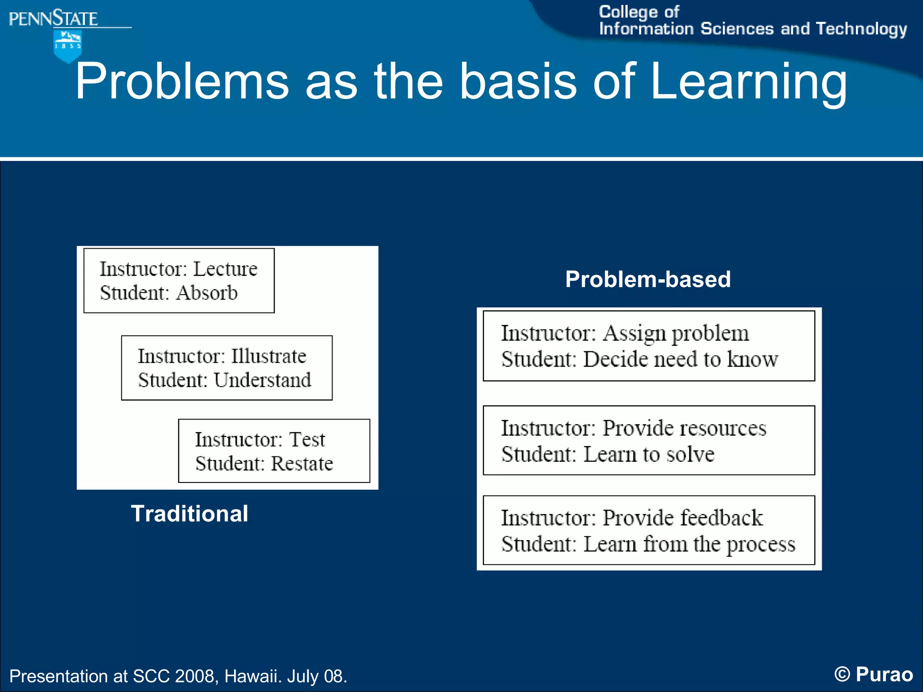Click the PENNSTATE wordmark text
click(x=53, y=19)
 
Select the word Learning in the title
click(x=749, y=82)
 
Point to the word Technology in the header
click(x=861, y=29)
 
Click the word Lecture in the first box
click(x=225, y=269)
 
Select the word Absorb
click(x=207, y=293)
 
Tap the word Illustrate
click(x=269, y=356)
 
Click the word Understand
click(x=262, y=380)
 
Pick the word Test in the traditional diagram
click(x=307, y=440)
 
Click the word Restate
click(x=302, y=464)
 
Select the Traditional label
click(x=189, y=514)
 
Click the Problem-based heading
click(x=648, y=279)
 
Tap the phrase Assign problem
click(x=676, y=334)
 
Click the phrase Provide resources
click(x=684, y=428)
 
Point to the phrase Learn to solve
click(x=649, y=455)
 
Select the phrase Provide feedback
click(x=682, y=518)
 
